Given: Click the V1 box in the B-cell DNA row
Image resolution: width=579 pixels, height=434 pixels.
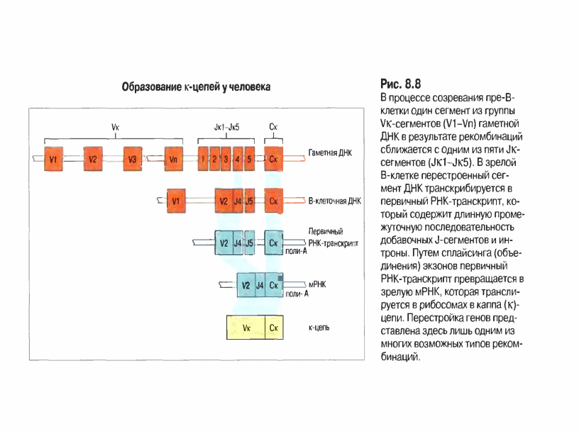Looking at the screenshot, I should click(175, 201).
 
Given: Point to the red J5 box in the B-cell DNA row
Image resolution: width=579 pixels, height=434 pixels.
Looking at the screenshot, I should click(249, 201).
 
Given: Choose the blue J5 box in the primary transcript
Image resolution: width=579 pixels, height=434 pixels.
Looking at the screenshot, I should click(249, 243).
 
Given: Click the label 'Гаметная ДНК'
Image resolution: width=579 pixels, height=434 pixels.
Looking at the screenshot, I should click(331, 152).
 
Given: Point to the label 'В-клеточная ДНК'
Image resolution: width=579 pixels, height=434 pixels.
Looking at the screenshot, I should click(336, 201).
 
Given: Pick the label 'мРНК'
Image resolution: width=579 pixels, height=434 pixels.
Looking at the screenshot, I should click(317, 282).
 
